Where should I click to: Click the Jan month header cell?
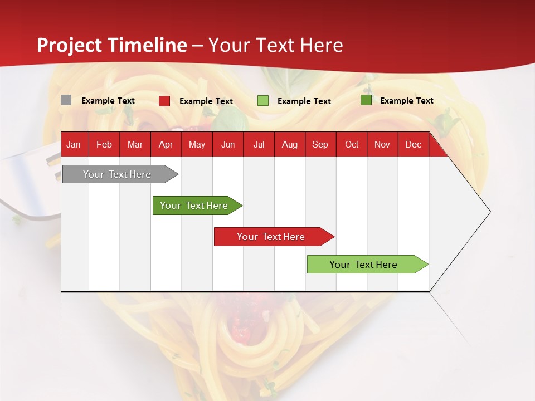click(74, 145)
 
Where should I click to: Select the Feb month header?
click(104, 145)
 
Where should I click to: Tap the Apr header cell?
click(166, 145)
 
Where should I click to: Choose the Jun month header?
click(228, 145)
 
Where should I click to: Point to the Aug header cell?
click(290, 145)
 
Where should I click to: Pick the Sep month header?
click(320, 145)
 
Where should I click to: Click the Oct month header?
click(352, 145)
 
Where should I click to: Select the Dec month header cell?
click(414, 145)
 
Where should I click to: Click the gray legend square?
click(66, 100)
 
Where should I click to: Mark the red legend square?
click(164, 101)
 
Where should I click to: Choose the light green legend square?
click(263, 101)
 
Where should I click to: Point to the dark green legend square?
click(366, 100)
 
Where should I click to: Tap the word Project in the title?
click(70, 45)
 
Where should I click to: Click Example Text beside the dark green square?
click(406, 101)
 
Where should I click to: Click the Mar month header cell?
click(135, 145)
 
